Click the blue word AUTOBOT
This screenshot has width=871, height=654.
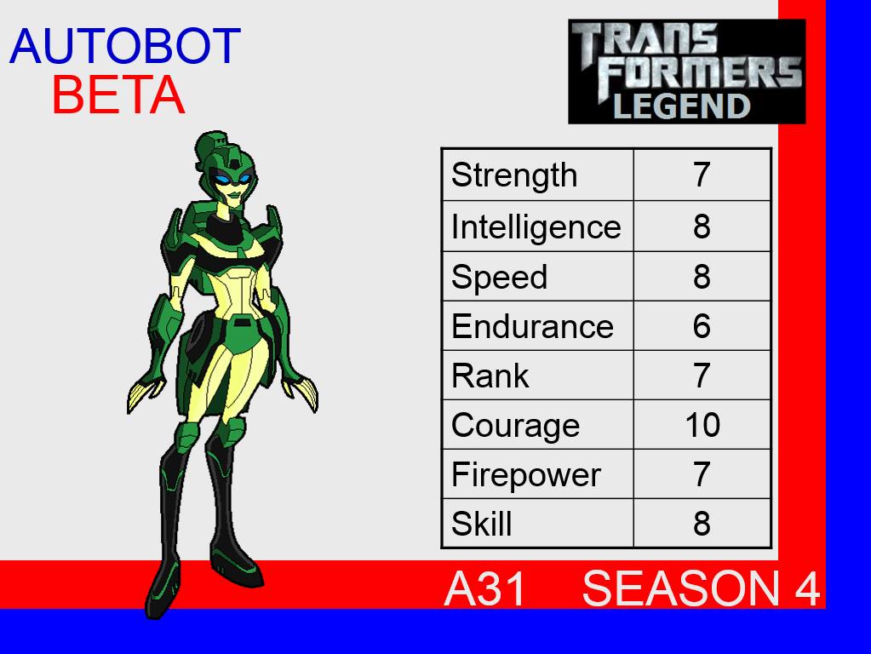(x=125, y=46)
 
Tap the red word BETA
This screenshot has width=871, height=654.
(x=118, y=95)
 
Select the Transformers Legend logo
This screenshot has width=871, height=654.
(x=686, y=72)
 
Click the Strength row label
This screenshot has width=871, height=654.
(x=514, y=175)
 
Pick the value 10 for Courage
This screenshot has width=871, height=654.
(x=702, y=425)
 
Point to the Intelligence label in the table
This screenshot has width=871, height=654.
(x=536, y=227)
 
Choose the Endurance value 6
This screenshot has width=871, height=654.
(x=702, y=326)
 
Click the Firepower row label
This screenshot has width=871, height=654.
(x=526, y=475)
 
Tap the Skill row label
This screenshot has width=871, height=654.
(x=482, y=524)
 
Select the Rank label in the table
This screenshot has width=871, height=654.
(x=490, y=376)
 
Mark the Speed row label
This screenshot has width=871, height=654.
(x=500, y=278)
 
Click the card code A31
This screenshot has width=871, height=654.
(x=485, y=588)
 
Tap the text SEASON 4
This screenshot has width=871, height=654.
(x=701, y=588)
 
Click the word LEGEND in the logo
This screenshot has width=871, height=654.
(x=682, y=106)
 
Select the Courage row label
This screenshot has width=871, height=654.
(x=515, y=426)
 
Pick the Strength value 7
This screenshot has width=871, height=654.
(x=702, y=175)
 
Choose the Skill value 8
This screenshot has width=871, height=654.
(x=702, y=524)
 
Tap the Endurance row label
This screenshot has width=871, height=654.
(x=532, y=326)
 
